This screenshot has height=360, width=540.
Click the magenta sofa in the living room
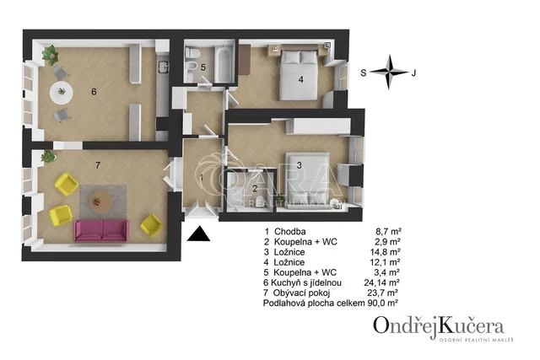[101, 231]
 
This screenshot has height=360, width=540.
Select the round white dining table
[62, 92]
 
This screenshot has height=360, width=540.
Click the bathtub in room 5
[223, 63]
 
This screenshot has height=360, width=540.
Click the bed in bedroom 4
[299, 75]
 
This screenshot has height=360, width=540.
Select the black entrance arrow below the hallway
[199, 234]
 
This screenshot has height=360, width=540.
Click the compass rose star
[389, 72]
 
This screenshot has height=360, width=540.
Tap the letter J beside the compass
[413, 73]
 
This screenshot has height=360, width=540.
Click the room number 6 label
[94, 92]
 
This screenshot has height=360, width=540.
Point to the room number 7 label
[98, 165]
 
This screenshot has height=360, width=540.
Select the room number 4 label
[301, 79]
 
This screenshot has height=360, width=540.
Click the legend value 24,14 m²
[381, 282]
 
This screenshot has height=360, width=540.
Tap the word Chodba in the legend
[290, 232]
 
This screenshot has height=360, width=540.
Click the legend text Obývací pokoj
[301, 293]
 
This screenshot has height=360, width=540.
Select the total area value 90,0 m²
[383, 304]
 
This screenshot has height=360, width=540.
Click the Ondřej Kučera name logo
[439, 327]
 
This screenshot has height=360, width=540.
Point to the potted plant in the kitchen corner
[51, 54]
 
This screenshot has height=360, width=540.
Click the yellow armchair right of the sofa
[151, 225]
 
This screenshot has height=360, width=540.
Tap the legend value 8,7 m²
[388, 232]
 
